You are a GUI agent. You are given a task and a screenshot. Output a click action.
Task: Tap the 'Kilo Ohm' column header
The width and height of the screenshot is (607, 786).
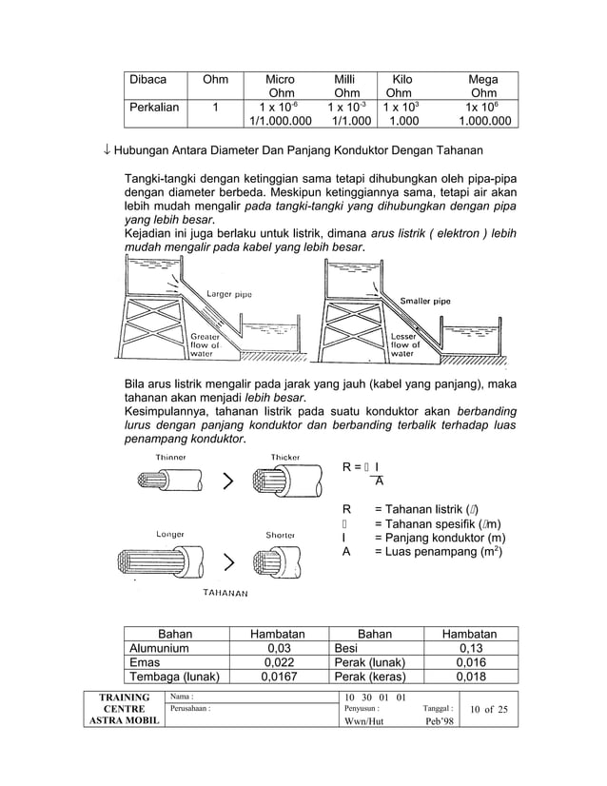400,87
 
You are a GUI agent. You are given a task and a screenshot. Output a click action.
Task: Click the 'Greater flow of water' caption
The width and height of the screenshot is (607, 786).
206,345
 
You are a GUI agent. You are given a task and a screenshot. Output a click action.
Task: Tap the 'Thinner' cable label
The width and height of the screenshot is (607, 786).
171,458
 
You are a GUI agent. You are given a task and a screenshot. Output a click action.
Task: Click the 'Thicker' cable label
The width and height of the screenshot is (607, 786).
285,458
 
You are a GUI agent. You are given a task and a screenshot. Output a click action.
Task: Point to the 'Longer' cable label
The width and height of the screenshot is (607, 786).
170,535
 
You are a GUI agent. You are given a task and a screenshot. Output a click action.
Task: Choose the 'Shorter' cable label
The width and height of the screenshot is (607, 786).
281,535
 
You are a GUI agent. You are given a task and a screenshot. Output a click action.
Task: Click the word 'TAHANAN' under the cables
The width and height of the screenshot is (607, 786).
225,593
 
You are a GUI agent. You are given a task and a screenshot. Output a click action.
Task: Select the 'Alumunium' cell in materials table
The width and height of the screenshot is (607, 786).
159,648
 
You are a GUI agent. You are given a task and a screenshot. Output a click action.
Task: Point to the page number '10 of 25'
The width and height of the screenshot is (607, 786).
489,710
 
